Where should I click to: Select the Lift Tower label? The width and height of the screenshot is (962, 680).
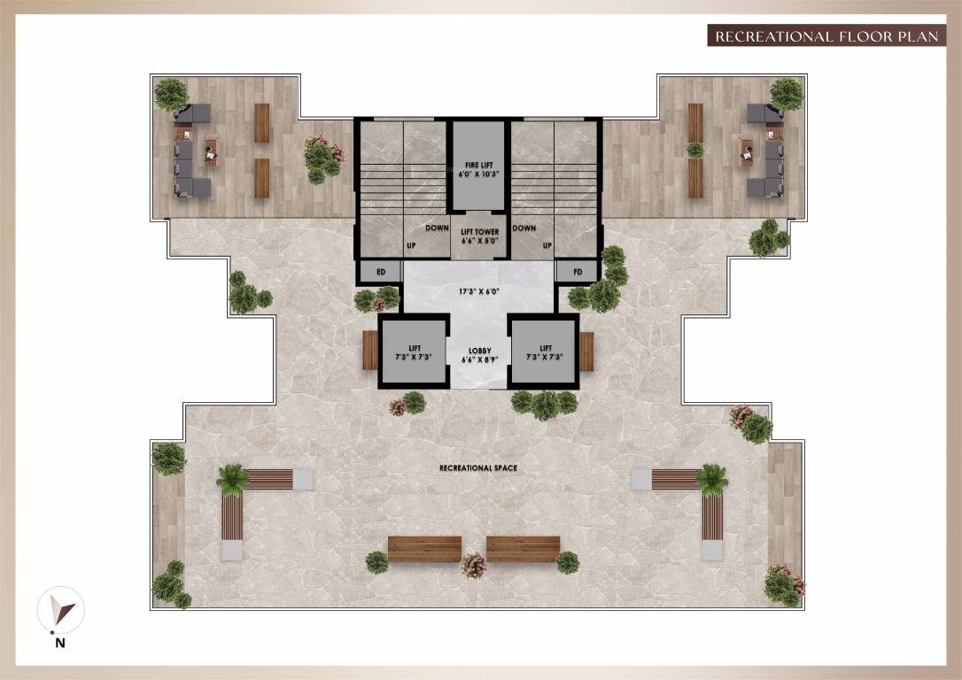pos(478,236)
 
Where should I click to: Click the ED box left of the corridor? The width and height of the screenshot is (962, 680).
pos(381,272)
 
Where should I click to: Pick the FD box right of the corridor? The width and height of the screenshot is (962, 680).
pos(578,272)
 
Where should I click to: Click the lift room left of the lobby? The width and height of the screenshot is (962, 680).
pos(414,352)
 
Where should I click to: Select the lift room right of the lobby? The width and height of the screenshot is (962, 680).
pos(544,352)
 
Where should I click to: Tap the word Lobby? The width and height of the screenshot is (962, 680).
pos(478,352)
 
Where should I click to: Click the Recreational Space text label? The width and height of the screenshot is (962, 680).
pos(478,467)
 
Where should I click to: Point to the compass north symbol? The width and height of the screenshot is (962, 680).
pos(60,612)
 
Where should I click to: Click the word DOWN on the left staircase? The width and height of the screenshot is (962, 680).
pos(437,228)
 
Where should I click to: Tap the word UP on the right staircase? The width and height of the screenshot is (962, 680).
pos(547,244)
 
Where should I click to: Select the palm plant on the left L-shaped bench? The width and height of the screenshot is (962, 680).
pos(233,479)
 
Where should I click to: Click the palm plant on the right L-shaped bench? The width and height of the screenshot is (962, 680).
pos(712,479)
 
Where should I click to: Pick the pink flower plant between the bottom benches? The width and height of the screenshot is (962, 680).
pos(474,564)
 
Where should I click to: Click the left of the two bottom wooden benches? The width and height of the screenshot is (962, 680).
pos(424,549)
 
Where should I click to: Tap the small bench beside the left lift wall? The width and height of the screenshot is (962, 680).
pos(370,351)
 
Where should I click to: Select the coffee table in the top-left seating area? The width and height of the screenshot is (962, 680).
pos(211,151)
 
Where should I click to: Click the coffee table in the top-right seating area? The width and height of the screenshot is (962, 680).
pos(745,151)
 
